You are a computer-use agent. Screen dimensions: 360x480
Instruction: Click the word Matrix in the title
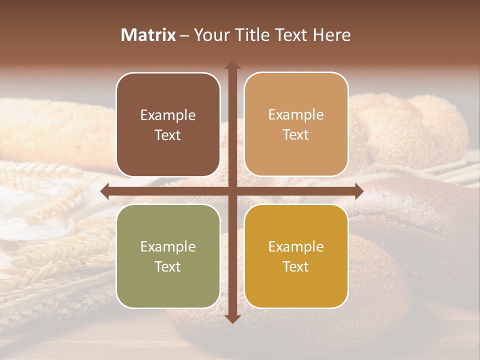148,35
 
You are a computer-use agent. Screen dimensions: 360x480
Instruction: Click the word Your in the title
209,35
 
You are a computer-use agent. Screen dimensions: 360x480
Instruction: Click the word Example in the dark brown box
168,115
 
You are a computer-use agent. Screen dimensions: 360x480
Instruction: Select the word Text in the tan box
296,135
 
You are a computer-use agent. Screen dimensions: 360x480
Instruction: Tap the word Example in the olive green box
168,247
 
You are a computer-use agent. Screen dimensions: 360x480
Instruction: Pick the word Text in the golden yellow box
296,267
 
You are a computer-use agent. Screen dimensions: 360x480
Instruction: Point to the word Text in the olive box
168,267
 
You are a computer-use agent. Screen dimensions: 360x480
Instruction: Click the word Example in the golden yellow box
296,247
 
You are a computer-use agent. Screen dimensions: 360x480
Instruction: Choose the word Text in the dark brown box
168,135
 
